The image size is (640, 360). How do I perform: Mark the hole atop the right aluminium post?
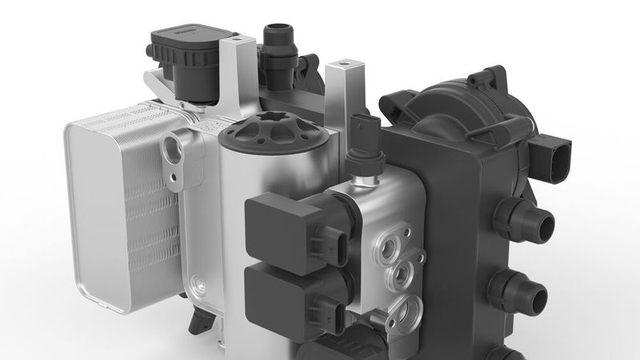point(345,62)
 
